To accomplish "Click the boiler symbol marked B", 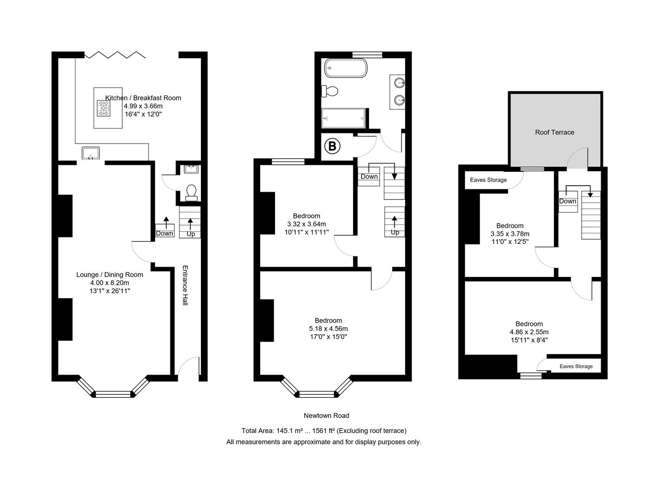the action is click(x=332, y=146).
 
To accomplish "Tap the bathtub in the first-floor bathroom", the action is click(x=345, y=68).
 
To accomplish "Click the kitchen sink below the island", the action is click(x=91, y=153).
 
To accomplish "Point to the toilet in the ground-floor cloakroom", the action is click(x=191, y=193).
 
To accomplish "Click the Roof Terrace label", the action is click(x=554, y=132).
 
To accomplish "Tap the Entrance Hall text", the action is click(x=185, y=285).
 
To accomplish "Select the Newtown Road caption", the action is click(x=326, y=416).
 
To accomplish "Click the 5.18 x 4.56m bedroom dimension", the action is click(x=328, y=329).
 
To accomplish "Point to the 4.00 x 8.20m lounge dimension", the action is click(x=110, y=283).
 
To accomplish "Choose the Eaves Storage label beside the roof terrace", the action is click(x=488, y=180).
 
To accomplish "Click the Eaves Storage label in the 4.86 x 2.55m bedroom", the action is click(x=576, y=367).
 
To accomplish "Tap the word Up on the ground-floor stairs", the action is click(x=191, y=234).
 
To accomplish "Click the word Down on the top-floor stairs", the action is click(x=567, y=201).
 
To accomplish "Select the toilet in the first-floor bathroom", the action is click(x=329, y=91).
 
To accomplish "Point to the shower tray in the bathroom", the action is click(x=344, y=118).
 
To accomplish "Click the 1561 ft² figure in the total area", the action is click(x=323, y=431).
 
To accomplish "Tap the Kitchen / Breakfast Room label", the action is click(x=143, y=98).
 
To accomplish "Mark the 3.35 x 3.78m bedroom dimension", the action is click(x=510, y=234).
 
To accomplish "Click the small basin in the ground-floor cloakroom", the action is click(x=191, y=169).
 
